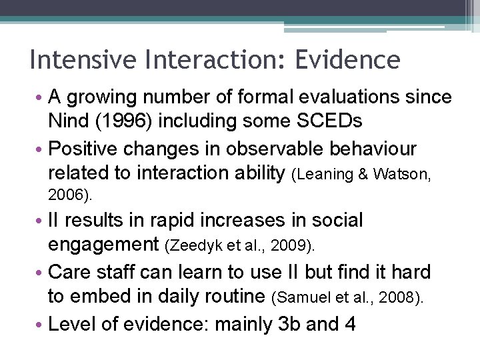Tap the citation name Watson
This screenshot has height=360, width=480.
403,175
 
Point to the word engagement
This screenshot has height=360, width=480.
103,245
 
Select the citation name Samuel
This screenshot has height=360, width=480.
299,297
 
